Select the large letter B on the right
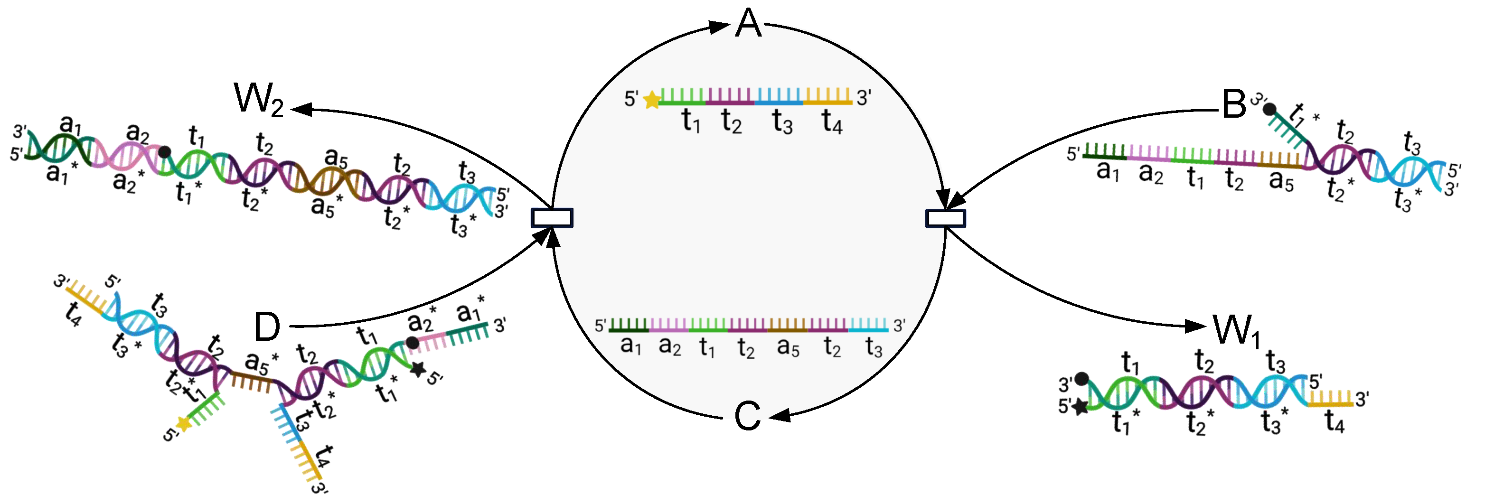[x=1234, y=104]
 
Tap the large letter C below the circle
[x=748, y=416]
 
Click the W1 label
[x=1237, y=331]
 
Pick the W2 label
[x=258, y=99]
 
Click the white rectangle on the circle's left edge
[x=552, y=218]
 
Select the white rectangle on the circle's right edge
[x=945, y=218]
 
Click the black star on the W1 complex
[x=1080, y=407]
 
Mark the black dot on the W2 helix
[x=164, y=151]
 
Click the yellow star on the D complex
[x=183, y=424]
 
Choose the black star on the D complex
[x=417, y=369]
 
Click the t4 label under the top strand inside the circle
[x=832, y=121]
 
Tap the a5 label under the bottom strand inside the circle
[x=788, y=347]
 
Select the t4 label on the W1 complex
[x=1335, y=421]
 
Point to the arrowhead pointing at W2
[x=301, y=109]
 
